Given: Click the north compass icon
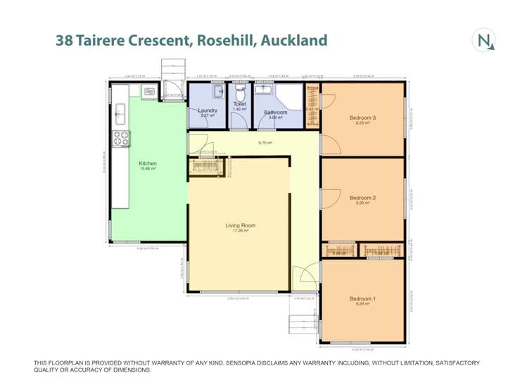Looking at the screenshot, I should pyautogui.click(x=485, y=41).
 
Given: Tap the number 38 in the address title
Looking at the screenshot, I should pyautogui.click(x=65, y=41).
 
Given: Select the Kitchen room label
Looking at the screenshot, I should pyautogui.click(x=148, y=164).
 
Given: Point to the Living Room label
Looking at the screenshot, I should pyautogui.click(x=240, y=226).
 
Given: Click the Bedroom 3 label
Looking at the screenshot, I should pyautogui.click(x=362, y=118).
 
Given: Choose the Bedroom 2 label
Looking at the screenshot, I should pyautogui.click(x=362, y=198).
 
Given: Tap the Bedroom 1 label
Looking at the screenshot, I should pyautogui.click(x=362, y=299).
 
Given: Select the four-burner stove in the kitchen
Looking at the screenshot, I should pyautogui.click(x=119, y=139).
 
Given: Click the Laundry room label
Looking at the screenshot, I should pyautogui.click(x=207, y=111).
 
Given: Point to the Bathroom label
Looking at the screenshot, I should pyautogui.click(x=275, y=113).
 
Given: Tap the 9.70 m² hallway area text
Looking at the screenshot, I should pyautogui.click(x=265, y=143).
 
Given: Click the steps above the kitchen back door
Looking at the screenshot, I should pyautogui.click(x=171, y=70).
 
